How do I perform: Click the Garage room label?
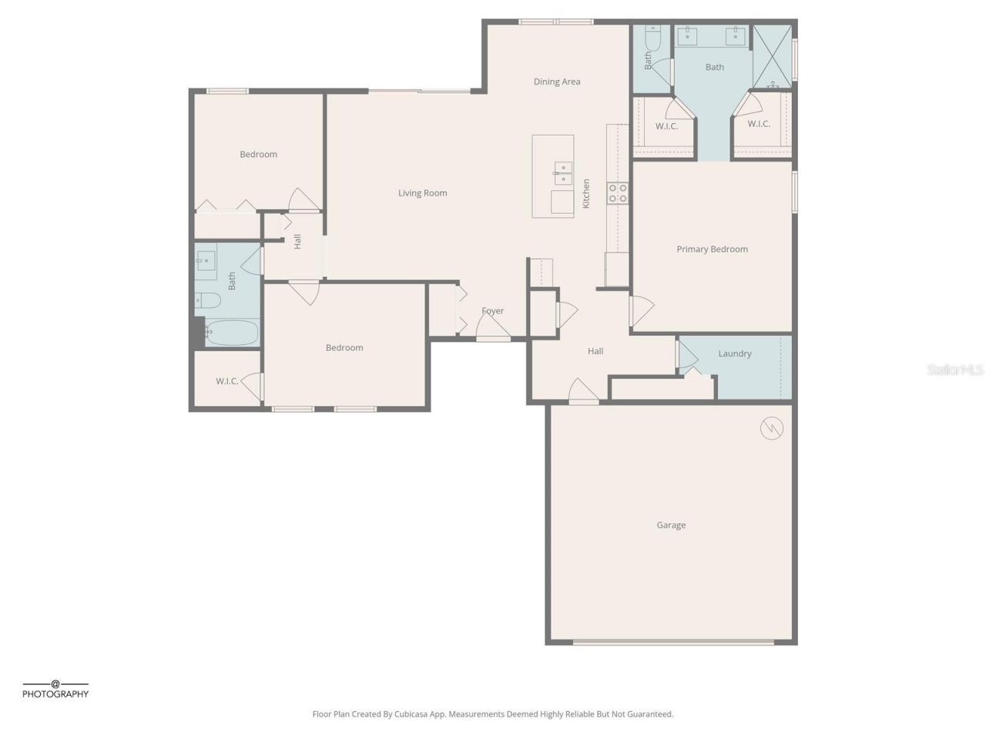pyautogui.click(x=671, y=525)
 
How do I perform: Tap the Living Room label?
pyautogui.click(x=422, y=193)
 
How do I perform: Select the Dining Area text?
pyautogui.click(x=557, y=82)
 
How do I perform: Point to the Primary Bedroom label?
pyautogui.click(x=712, y=249)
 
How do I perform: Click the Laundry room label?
pyautogui.click(x=734, y=354)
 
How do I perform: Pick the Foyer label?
pyautogui.click(x=492, y=311)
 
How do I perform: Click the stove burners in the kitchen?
pyautogui.click(x=617, y=193)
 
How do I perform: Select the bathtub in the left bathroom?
pyautogui.click(x=230, y=333)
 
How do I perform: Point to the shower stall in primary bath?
pyautogui.click(x=772, y=53)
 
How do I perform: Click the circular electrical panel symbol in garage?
pyautogui.click(x=772, y=428)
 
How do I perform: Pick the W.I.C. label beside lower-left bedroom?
pyautogui.click(x=226, y=381)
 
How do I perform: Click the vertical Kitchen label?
pyautogui.click(x=586, y=193)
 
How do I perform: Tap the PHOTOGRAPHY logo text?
pyautogui.click(x=55, y=694)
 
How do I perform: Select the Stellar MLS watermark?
pyautogui.click(x=955, y=370)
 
